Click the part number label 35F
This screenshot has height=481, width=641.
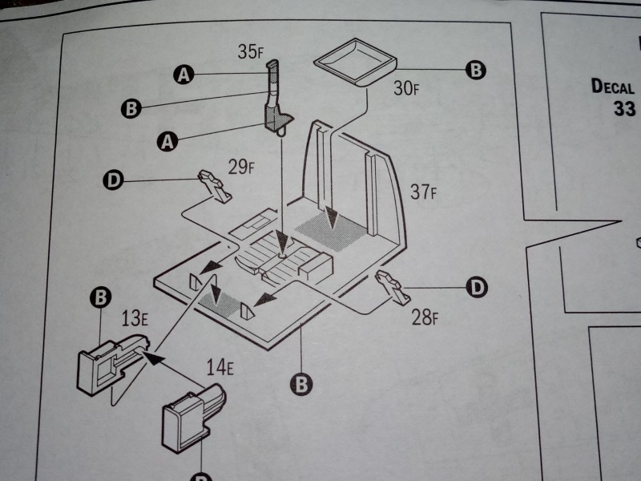pos(251,52)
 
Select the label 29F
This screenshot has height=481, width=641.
pos(240,168)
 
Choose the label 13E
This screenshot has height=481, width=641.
pos(135,319)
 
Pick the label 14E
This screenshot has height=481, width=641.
pos(218,368)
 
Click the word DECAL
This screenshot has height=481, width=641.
pos(613,86)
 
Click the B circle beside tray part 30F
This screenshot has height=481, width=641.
pos(476,71)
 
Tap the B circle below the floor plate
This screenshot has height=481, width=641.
pos(301,384)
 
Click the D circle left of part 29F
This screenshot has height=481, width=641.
pos(114,181)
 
